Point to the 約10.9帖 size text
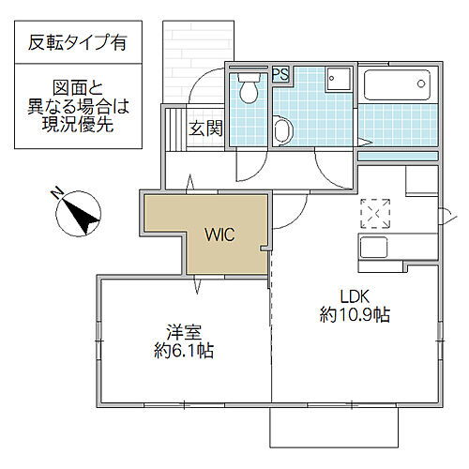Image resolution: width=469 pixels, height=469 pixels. [355, 314]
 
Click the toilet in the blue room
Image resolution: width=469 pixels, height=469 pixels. [250, 88]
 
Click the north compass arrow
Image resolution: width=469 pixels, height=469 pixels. [84, 215]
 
